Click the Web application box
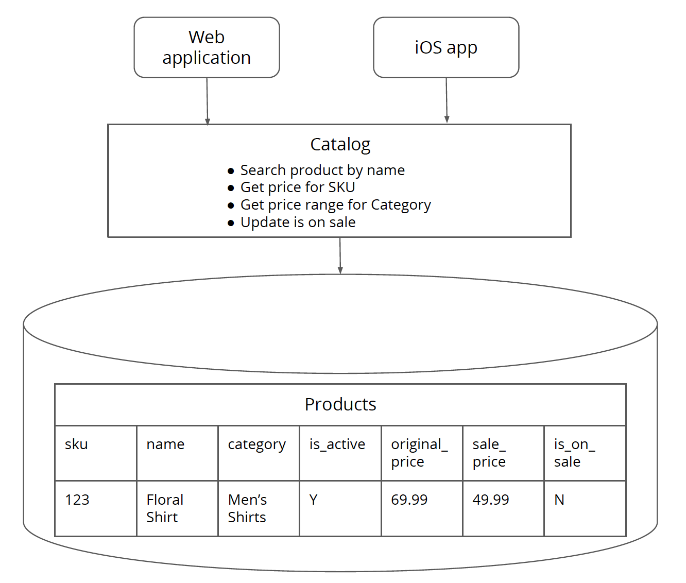[207, 47]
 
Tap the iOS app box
[446, 47]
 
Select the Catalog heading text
[340, 145]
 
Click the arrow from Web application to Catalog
[207, 101]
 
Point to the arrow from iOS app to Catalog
[447, 100]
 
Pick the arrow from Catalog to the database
[340, 255]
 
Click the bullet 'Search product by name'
[322, 170]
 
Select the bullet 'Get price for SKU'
[298, 187]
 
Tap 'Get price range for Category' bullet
[335, 205]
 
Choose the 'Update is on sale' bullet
[298, 222]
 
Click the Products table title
[340, 404]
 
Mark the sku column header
[76, 444]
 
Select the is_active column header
[337, 444]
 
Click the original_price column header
[419, 453]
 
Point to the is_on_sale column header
[574, 453]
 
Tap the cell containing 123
[77, 500]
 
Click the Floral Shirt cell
[165, 508]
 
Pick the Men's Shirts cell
[247, 508]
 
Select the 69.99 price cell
[409, 500]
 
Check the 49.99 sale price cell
[491, 500]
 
